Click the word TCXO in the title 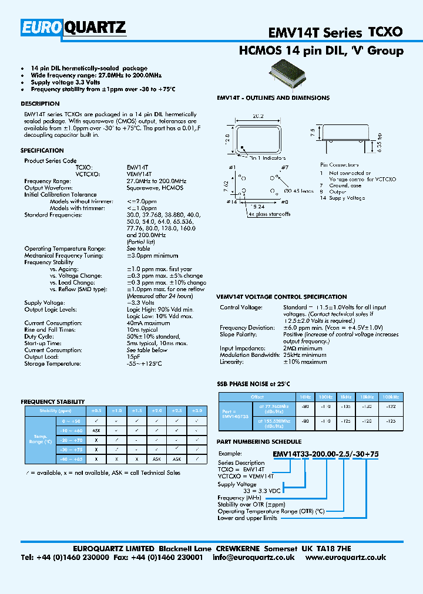click(x=385, y=34)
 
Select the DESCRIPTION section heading click(x=40, y=104)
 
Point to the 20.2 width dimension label click(x=260, y=116)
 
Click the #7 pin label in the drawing click(x=284, y=168)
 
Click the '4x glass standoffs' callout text click(x=269, y=214)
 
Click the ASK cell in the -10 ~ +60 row click(x=96, y=430)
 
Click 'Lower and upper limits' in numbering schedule click(x=247, y=518)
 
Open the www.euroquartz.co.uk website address click(x=346, y=557)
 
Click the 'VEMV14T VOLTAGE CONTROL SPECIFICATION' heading click(x=282, y=297)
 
